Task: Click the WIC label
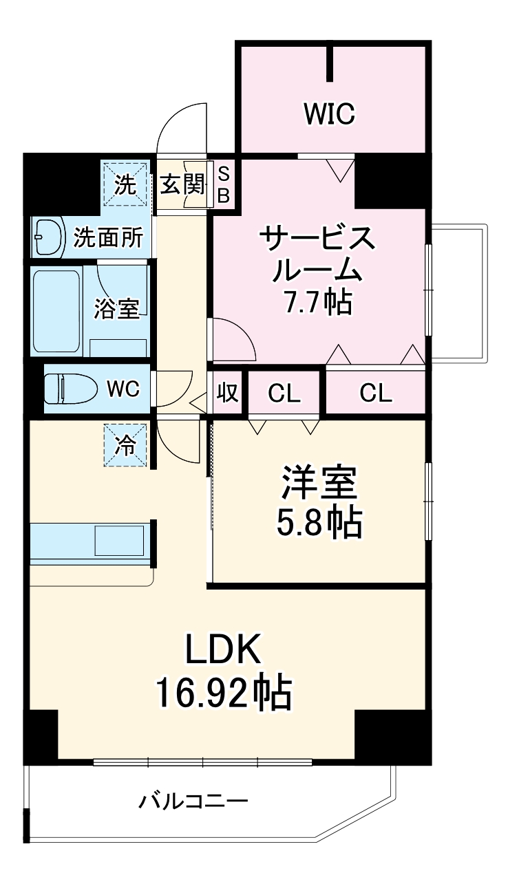(330, 114)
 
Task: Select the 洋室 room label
(319, 485)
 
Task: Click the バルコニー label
(193, 801)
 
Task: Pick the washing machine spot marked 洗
(125, 184)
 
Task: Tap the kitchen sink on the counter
(119, 541)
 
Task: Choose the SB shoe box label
(224, 184)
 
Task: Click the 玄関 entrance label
(182, 184)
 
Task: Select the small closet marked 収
(228, 393)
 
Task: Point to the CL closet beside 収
(284, 394)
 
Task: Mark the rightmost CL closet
(375, 393)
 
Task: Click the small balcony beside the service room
(459, 292)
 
